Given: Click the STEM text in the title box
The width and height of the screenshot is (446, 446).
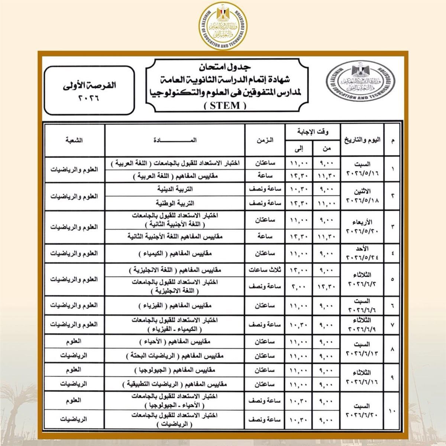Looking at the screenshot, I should (x=225, y=105).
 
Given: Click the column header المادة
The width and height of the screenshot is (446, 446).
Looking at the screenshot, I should (x=175, y=140).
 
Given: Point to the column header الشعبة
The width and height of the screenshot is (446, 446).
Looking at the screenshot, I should (x=74, y=140).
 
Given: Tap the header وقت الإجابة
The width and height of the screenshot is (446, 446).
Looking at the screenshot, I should (x=314, y=132).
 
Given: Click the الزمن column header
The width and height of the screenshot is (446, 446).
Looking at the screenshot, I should (x=265, y=140).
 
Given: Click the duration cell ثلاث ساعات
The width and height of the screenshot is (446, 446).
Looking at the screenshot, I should (x=265, y=271).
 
